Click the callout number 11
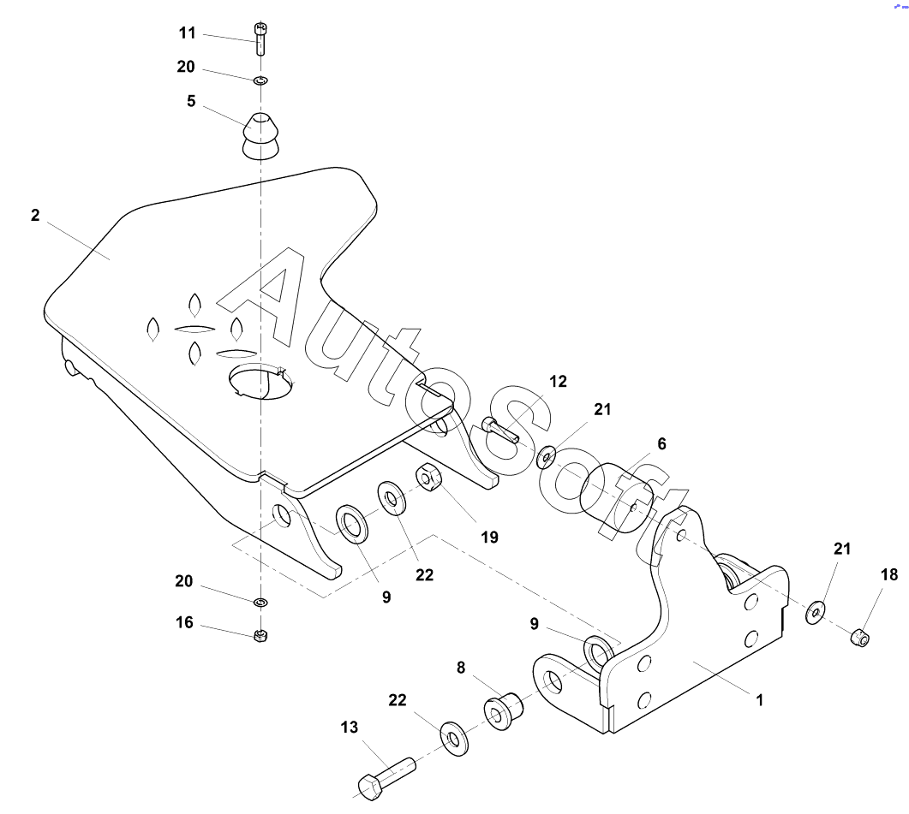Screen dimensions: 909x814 coord(188,33)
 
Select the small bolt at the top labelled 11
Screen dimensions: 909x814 coord(260,39)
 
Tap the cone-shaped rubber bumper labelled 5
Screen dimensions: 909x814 coord(260,136)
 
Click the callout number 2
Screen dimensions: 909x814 coord(35,216)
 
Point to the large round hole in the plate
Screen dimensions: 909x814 coord(260,381)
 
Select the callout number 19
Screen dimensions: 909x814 coord(490,538)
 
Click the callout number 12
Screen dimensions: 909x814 coord(559,381)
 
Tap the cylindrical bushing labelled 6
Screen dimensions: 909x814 coord(616,497)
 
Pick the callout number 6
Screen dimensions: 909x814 coord(661,443)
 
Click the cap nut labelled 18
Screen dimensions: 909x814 coord(859,638)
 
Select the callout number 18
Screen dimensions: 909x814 coord(889,574)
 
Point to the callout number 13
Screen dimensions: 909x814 coord(350,727)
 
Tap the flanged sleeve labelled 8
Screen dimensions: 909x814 coord(503,710)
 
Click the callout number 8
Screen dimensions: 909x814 coord(461,668)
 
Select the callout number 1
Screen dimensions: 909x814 coord(759,700)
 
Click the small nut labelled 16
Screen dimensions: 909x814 coord(260,636)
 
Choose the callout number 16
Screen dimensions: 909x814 coord(184,623)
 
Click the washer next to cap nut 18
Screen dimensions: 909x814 coord(816,612)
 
